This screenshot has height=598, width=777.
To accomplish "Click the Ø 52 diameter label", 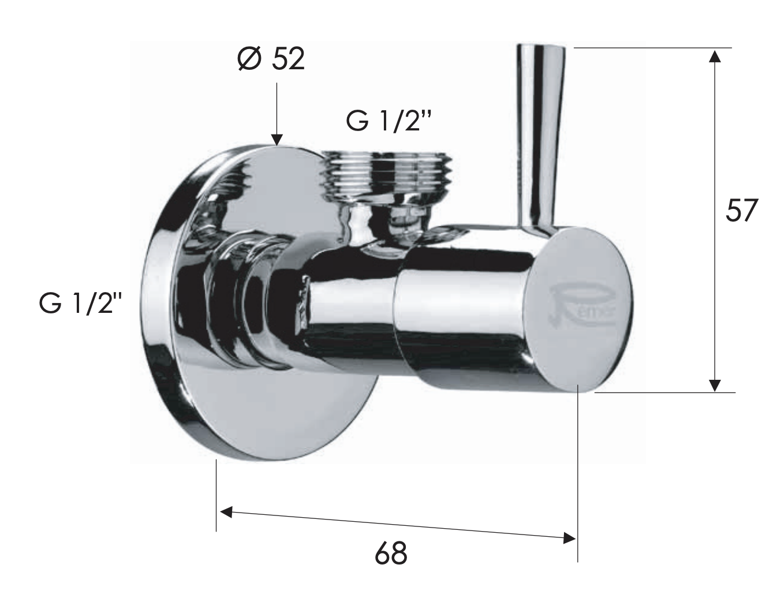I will [x=271, y=59].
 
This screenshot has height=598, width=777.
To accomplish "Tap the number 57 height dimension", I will [x=740, y=211].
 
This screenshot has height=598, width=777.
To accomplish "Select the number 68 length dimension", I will [x=391, y=553].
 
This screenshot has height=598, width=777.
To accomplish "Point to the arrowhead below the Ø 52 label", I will [x=277, y=139].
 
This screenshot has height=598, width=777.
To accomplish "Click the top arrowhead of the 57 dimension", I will [x=715, y=55].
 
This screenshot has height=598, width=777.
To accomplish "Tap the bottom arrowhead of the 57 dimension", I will [x=715, y=385].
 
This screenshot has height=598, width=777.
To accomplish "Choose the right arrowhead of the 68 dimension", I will [x=569, y=538].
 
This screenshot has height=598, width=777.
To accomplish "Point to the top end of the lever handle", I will [x=541, y=50].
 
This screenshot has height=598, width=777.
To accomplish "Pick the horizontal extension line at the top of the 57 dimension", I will [x=652, y=47].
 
